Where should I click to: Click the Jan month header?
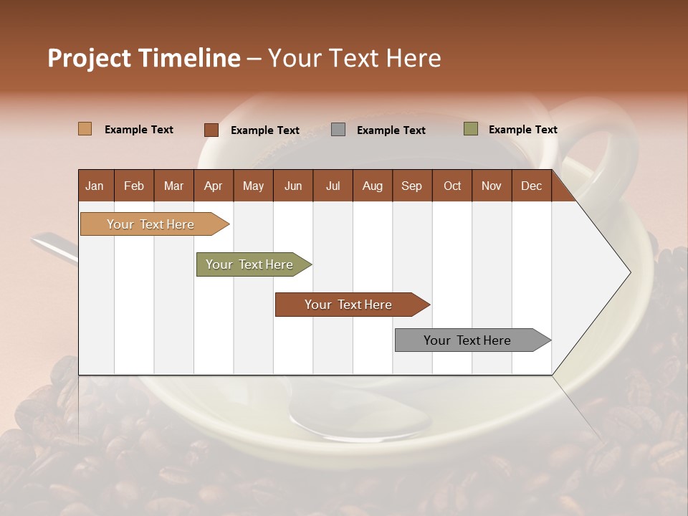(95, 186)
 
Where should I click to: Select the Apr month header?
(214, 186)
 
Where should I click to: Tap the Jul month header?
(333, 186)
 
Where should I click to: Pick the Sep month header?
(412, 186)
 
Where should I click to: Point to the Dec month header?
(532, 186)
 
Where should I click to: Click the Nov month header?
(492, 186)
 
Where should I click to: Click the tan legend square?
(85, 129)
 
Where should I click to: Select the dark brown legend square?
(211, 130)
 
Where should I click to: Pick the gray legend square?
(338, 130)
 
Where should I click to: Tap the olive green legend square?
(470, 129)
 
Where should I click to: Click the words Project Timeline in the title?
(143, 58)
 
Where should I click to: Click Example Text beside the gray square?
(391, 130)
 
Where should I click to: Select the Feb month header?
(134, 186)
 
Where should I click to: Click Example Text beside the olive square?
(523, 130)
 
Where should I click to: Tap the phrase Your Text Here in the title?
(355, 58)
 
